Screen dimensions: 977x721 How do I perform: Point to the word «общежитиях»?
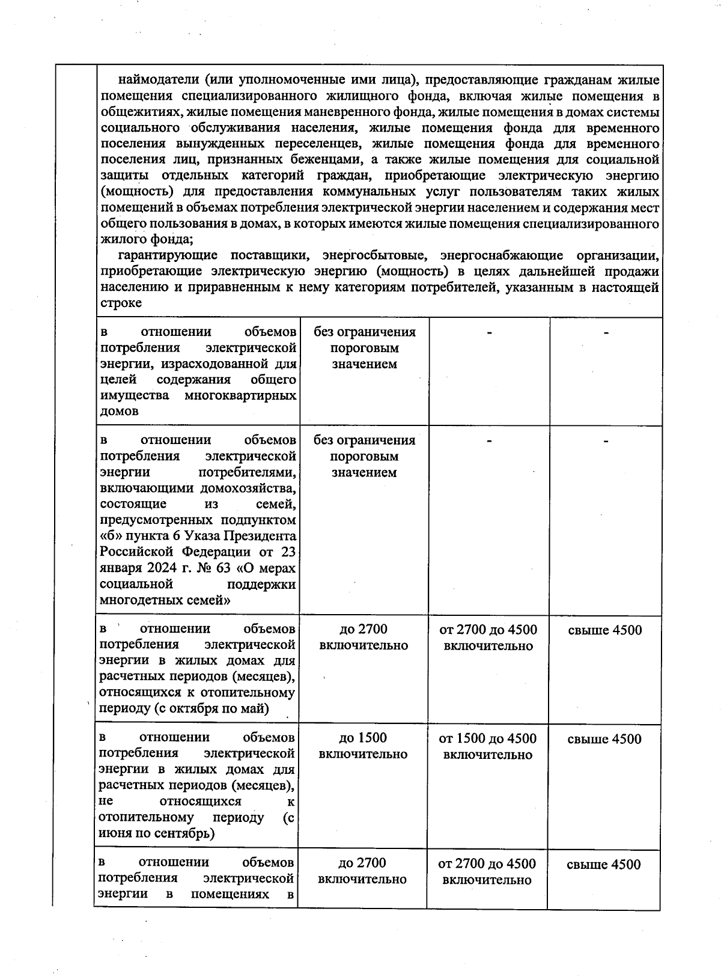[141, 112]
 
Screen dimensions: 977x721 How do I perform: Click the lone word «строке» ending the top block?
[121, 303]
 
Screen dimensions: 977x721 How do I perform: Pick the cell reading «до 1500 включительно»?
[363, 746]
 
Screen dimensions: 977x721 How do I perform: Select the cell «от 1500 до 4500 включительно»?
[488, 746]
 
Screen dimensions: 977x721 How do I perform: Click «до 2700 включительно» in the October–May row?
[364, 637]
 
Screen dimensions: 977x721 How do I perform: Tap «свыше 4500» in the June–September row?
[604, 739]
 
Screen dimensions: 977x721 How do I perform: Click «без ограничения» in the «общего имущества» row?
[364, 332]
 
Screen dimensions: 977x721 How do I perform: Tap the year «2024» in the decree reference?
[165, 568]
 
